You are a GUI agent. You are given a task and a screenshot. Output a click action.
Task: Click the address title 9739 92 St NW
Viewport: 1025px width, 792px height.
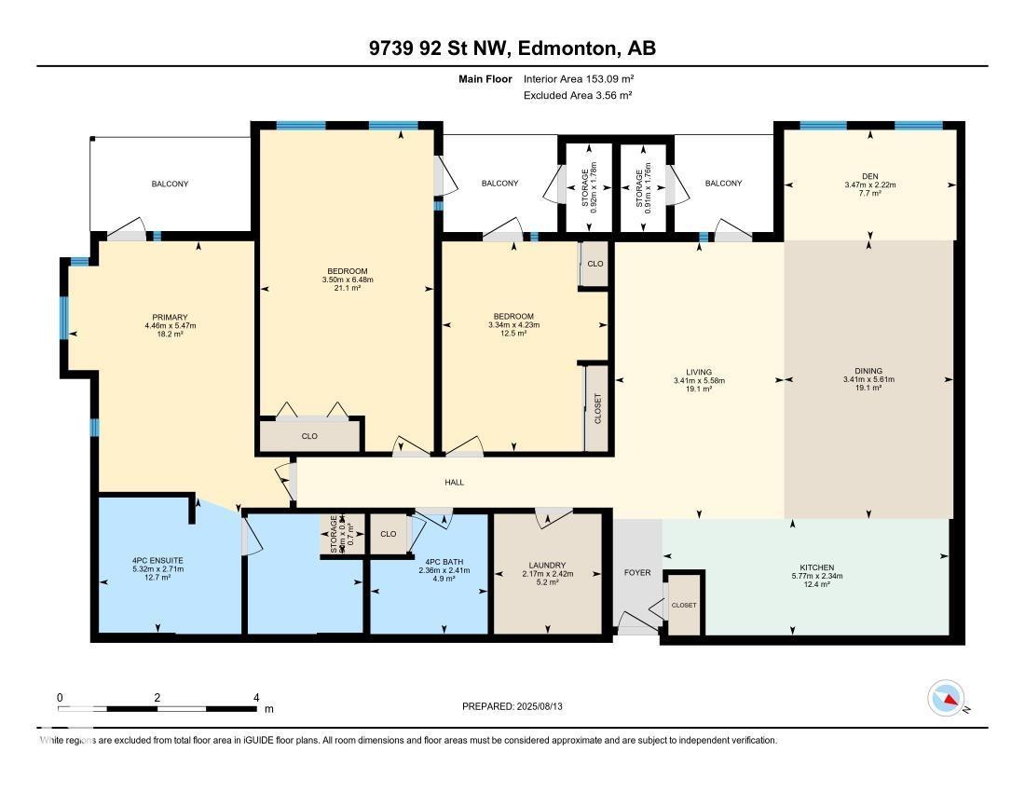pos(512,48)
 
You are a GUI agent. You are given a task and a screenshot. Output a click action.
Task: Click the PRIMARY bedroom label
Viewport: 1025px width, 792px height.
pos(170,316)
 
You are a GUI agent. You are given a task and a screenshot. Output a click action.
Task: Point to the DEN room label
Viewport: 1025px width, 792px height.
pos(868,175)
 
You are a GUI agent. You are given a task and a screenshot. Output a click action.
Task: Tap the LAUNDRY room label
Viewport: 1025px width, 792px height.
pos(546,565)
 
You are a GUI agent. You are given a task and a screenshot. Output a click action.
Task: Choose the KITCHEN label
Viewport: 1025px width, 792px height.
pos(816,567)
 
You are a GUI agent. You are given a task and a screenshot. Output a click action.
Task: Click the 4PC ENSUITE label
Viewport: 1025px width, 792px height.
pos(157,560)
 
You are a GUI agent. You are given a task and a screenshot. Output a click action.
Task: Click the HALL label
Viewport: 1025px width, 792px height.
pos(454,483)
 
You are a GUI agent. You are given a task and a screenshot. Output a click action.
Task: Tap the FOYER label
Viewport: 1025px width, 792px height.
pos(637,572)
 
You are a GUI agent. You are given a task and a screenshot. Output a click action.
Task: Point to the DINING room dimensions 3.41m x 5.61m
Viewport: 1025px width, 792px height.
pos(868,379)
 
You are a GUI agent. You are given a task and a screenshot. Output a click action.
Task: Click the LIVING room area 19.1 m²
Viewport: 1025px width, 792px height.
pos(699,389)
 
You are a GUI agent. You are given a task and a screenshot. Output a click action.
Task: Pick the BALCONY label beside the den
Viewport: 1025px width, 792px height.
pos(723,184)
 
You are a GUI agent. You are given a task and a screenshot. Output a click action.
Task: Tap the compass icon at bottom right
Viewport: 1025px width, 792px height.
pos(950,698)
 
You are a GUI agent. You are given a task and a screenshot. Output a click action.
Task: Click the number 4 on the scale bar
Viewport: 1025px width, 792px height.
pos(255,697)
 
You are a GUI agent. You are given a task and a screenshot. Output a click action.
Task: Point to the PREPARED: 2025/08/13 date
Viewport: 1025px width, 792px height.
pos(512,706)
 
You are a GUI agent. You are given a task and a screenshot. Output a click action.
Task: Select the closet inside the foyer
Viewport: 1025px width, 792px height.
pos(684,606)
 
